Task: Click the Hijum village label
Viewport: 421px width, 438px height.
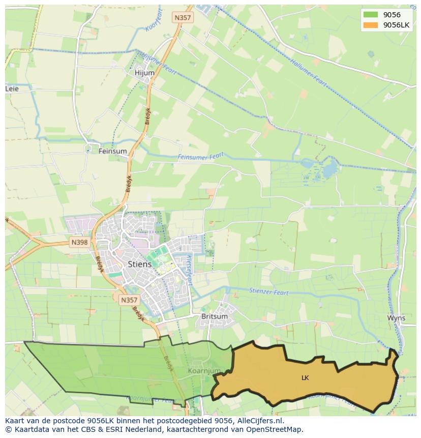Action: coord(144,73)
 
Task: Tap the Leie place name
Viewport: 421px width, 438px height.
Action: coord(12,89)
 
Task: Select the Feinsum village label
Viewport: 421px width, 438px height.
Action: coord(113,151)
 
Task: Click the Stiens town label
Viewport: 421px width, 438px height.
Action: coord(139,265)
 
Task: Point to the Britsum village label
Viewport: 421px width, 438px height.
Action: coord(215,316)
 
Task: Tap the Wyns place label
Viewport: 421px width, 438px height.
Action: coord(396,318)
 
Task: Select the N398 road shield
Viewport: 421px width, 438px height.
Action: coord(79,243)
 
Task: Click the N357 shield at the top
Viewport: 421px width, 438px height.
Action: coord(183,18)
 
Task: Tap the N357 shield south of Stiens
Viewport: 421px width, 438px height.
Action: coord(129,301)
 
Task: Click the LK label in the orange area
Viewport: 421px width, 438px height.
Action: coord(305,378)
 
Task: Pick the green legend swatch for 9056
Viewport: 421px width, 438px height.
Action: coord(371,15)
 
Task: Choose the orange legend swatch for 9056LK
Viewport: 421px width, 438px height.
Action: coord(371,25)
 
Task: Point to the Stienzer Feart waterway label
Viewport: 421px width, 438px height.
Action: coord(269,292)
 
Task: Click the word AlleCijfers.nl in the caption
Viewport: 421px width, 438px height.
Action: coord(260,421)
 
